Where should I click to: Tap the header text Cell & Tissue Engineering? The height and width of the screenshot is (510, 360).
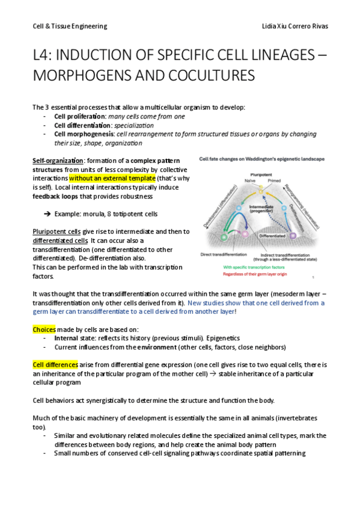point(70,26)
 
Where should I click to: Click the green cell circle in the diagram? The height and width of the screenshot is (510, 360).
point(225,238)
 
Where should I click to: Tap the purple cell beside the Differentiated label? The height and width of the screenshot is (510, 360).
point(293,236)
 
